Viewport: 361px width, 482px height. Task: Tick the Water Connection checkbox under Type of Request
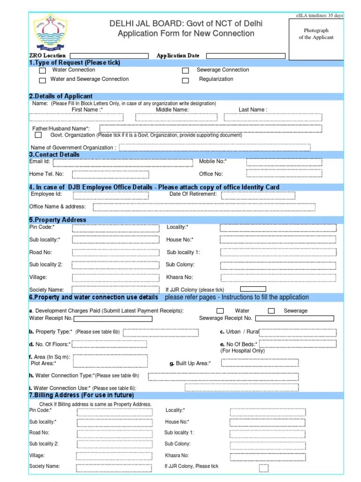[x=42, y=71]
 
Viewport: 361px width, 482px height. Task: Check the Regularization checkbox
[x=186, y=80]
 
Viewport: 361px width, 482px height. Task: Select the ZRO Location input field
[x=109, y=56]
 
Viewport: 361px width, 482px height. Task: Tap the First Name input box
[x=76, y=117]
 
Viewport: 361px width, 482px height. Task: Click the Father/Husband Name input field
[x=211, y=129]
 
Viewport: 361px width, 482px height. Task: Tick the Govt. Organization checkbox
[x=38, y=135]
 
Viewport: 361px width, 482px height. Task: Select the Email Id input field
[x=123, y=162]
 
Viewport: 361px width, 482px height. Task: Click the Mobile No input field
[x=284, y=162]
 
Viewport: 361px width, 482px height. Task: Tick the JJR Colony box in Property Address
[x=253, y=289]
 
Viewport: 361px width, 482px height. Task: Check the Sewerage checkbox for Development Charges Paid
[x=271, y=311]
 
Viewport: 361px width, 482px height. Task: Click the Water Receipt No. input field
[x=112, y=319]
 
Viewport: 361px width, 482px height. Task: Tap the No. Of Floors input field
[x=112, y=345]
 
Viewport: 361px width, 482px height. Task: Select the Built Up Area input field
[x=259, y=362]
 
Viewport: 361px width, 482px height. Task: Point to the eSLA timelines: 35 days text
[x=320, y=16]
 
